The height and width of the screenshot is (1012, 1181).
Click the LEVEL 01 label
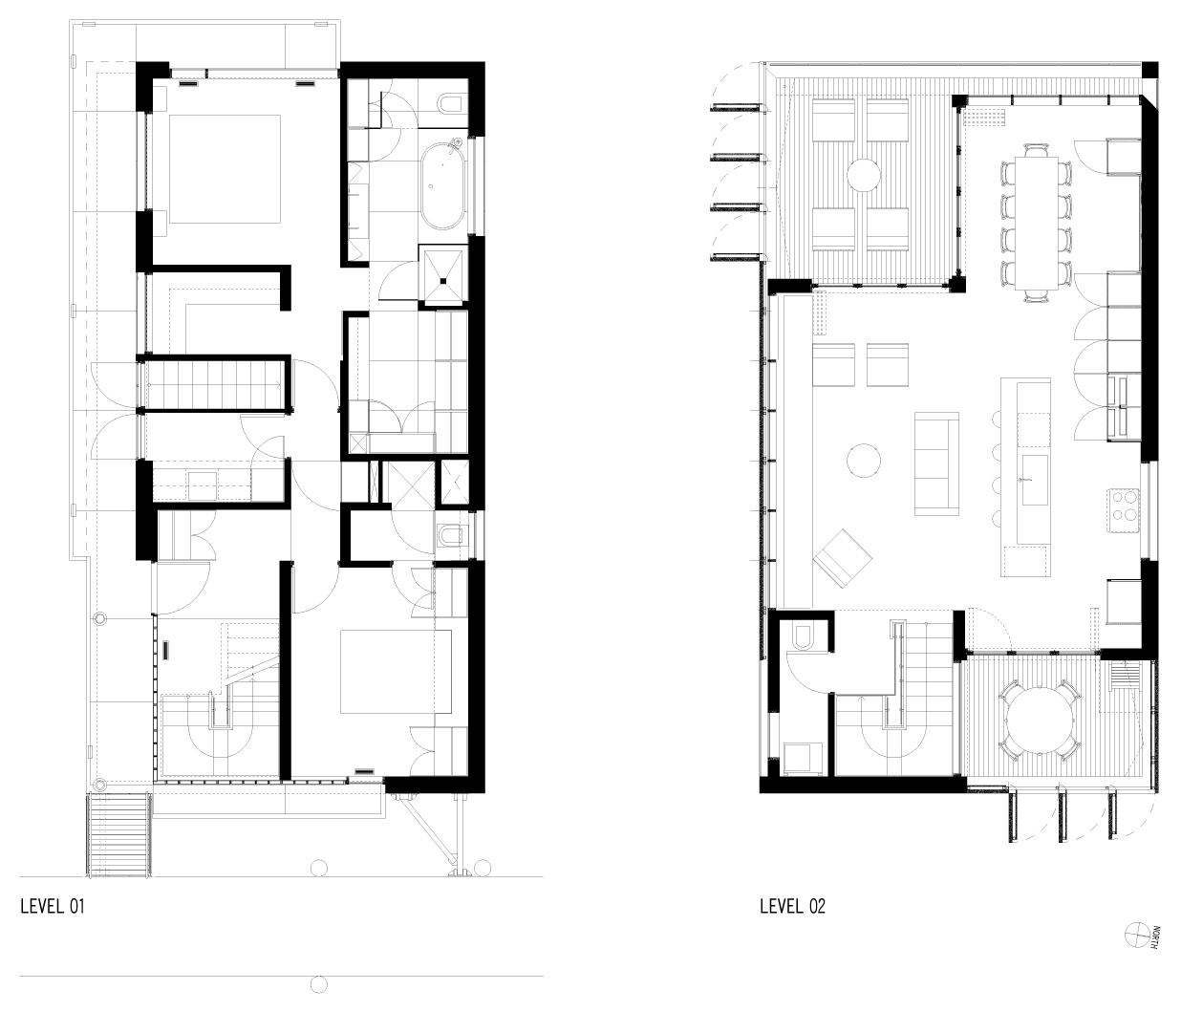click(53, 907)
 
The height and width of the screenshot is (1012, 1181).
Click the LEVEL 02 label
click(792, 907)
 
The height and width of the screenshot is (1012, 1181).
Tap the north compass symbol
click(1137, 936)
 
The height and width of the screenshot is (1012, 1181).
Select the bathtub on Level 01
click(441, 185)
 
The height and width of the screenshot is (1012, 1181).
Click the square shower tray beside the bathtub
click(443, 274)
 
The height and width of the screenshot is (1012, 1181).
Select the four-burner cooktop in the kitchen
click(1125, 506)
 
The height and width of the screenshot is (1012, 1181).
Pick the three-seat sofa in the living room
click(936, 463)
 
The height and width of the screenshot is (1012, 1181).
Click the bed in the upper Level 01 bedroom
click(225, 169)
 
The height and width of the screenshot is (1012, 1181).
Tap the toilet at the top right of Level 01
click(449, 102)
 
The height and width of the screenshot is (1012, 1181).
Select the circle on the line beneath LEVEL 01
click(319, 984)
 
